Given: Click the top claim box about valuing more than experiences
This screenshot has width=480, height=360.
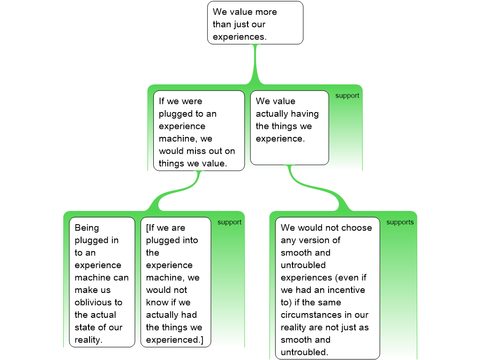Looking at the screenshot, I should click(x=255, y=23).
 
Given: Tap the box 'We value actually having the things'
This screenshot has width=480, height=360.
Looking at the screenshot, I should click(x=289, y=127).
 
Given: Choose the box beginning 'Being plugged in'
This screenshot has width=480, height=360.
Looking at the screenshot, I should click(x=102, y=282).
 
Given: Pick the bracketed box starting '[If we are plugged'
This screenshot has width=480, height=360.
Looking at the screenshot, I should click(x=176, y=282).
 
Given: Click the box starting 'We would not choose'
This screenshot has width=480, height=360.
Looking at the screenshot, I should click(x=327, y=288).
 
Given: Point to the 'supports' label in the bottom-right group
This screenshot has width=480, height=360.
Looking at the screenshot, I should click(x=400, y=222).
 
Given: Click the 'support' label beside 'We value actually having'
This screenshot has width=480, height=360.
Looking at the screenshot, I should click(x=347, y=96).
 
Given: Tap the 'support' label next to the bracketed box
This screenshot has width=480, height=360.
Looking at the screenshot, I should click(x=229, y=222).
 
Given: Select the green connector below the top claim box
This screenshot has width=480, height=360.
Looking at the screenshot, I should click(x=255, y=63).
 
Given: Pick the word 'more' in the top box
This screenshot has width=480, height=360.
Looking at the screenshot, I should click(x=266, y=12).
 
